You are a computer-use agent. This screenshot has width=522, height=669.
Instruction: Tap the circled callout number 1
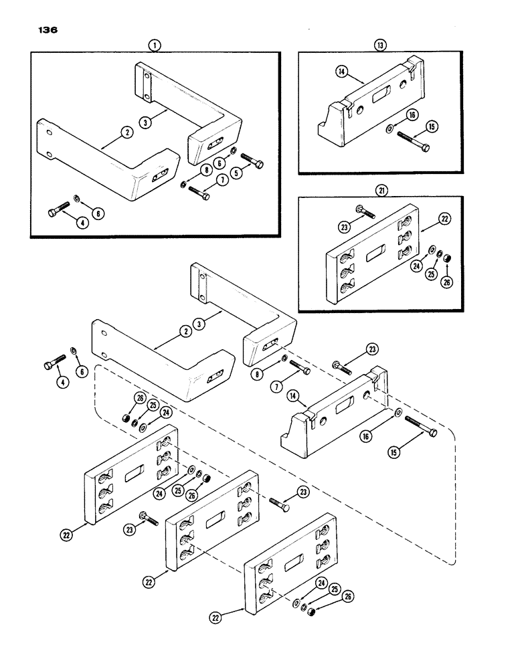[x=155, y=45]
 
